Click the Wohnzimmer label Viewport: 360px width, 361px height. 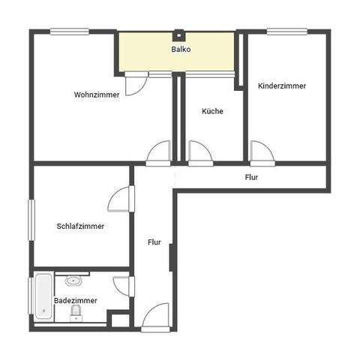96,95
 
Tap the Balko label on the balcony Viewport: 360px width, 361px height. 181,50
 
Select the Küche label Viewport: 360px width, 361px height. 212,111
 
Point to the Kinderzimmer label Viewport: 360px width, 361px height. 281,86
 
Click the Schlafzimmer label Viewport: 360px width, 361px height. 80,226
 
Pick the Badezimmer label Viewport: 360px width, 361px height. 75,300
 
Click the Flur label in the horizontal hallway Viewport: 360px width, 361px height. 251,178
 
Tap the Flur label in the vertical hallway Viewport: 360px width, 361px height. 154,242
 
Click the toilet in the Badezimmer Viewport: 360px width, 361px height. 74,317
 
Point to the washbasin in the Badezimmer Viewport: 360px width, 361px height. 73,281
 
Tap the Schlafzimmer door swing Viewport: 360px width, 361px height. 120,199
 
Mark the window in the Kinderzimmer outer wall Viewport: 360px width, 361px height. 288,32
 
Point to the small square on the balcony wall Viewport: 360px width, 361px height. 180,33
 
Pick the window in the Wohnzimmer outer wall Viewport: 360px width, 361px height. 70,32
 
